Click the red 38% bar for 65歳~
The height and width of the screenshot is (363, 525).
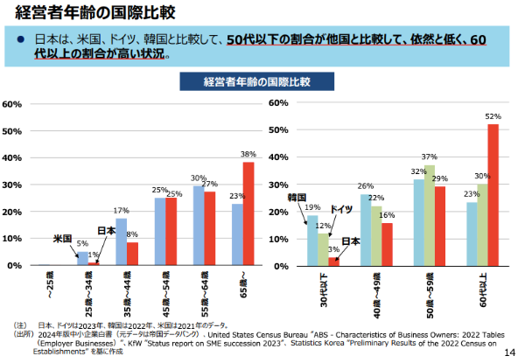[248, 213]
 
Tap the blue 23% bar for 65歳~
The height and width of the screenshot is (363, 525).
[236, 234]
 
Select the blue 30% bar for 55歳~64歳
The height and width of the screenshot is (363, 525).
[198, 225]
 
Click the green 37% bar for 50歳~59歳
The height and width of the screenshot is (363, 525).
[430, 214]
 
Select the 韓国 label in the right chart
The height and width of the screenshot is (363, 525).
[297, 198]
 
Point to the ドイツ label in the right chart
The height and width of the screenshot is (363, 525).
[342, 210]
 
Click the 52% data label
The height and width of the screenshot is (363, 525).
[493, 115]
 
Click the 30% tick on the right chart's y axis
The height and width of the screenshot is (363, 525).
[277, 184]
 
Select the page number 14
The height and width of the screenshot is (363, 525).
[511, 353]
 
